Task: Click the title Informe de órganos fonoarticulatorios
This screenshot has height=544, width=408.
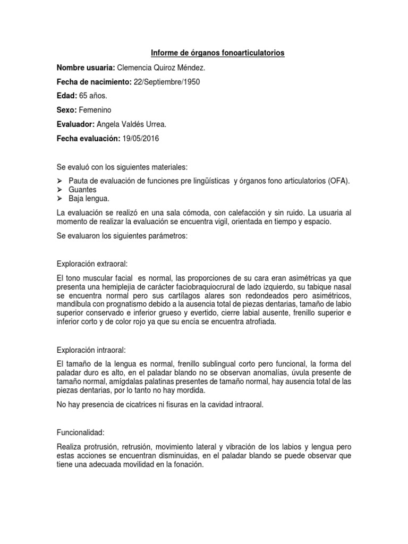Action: click(218, 53)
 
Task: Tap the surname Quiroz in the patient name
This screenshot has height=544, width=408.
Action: click(169, 67)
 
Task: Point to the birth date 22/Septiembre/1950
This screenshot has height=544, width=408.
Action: click(166, 81)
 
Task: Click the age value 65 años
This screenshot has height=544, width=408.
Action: click(90, 96)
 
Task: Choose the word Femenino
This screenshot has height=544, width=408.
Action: click(96, 110)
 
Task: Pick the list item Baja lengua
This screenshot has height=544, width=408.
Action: click(89, 199)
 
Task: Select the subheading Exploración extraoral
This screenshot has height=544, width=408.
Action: click(92, 264)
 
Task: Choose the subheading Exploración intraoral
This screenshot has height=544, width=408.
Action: click(91, 350)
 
